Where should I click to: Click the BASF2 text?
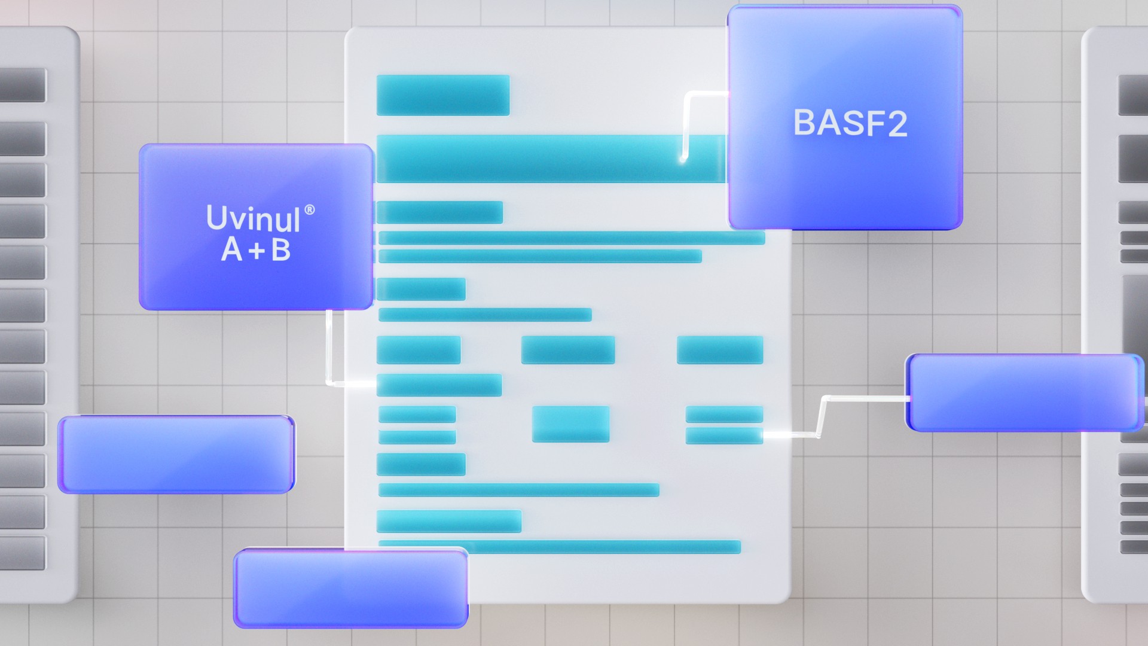point(850,123)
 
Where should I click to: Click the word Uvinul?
point(253,218)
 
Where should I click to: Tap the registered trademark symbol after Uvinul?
point(309,210)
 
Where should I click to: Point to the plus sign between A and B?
point(257,251)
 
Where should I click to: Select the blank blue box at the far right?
point(1024,392)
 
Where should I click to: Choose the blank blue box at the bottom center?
point(350,589)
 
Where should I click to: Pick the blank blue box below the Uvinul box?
point(176,455)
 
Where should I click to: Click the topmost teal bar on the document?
point(442,95)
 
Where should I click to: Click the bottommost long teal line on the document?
point(560,547)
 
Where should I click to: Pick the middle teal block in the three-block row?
point(567,350)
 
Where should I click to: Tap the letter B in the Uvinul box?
point(281,249)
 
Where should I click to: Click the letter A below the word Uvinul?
point(232,249)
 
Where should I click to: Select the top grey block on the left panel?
point(22,85)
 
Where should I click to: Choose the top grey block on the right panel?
point(1133,95)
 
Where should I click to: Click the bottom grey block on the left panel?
point(22,553)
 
